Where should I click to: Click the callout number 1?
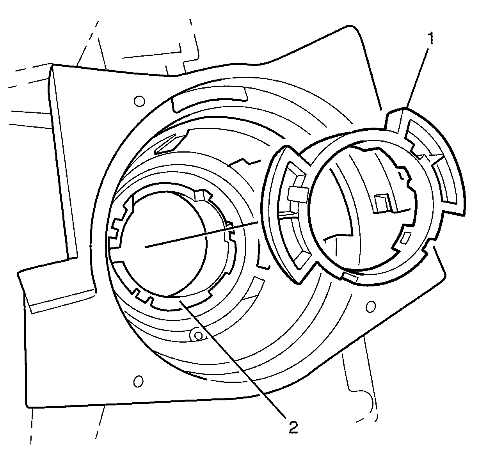pos(430,39)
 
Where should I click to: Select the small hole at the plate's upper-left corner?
pos(137,101)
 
